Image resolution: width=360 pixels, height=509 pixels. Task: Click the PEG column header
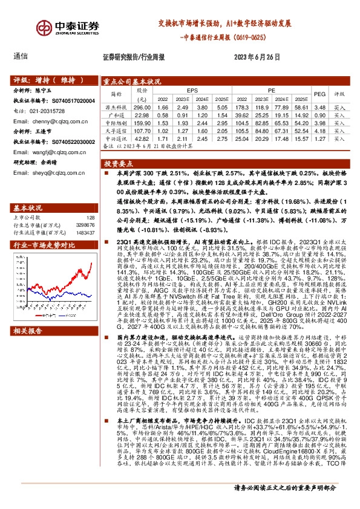click(320, 94)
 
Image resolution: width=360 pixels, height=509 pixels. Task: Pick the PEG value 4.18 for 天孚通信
click(320, 131)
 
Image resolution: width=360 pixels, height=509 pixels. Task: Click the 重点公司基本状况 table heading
click(131, 80)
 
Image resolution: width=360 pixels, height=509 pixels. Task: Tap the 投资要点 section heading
click(117, 164)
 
